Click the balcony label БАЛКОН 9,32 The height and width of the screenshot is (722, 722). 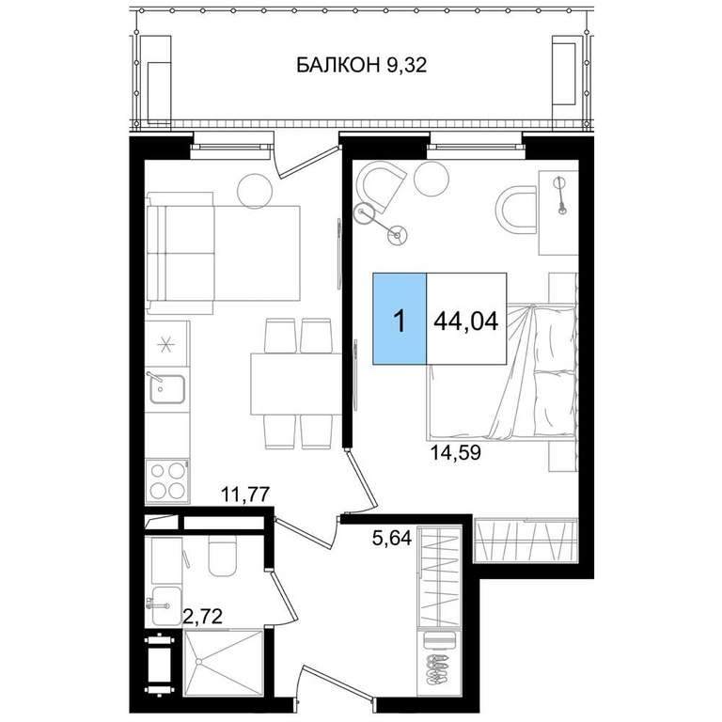pos(361,65)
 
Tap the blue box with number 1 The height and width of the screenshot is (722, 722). pos(400,319)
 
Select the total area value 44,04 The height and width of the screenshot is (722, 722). pos(466,321)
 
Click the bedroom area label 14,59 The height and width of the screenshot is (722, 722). pos(455,452)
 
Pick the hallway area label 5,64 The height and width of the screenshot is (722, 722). pos(391,538)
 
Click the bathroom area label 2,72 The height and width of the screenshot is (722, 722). pos(203,615)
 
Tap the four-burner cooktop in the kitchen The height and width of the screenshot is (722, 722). pos(167,481)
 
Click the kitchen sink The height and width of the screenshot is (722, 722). pos(166,388)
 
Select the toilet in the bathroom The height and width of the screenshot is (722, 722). pos(223,556)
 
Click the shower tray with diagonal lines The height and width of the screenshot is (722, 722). pos(223,664)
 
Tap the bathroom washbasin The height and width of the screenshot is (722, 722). pos(165,605)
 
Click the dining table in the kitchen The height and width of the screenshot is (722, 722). pos(295,384)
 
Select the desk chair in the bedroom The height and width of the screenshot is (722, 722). pos(516,209)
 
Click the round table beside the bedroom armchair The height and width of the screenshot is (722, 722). pos(431,179)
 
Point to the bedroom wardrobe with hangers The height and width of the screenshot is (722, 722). pos(526,540)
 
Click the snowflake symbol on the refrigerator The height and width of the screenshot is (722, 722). pos(166,343)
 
